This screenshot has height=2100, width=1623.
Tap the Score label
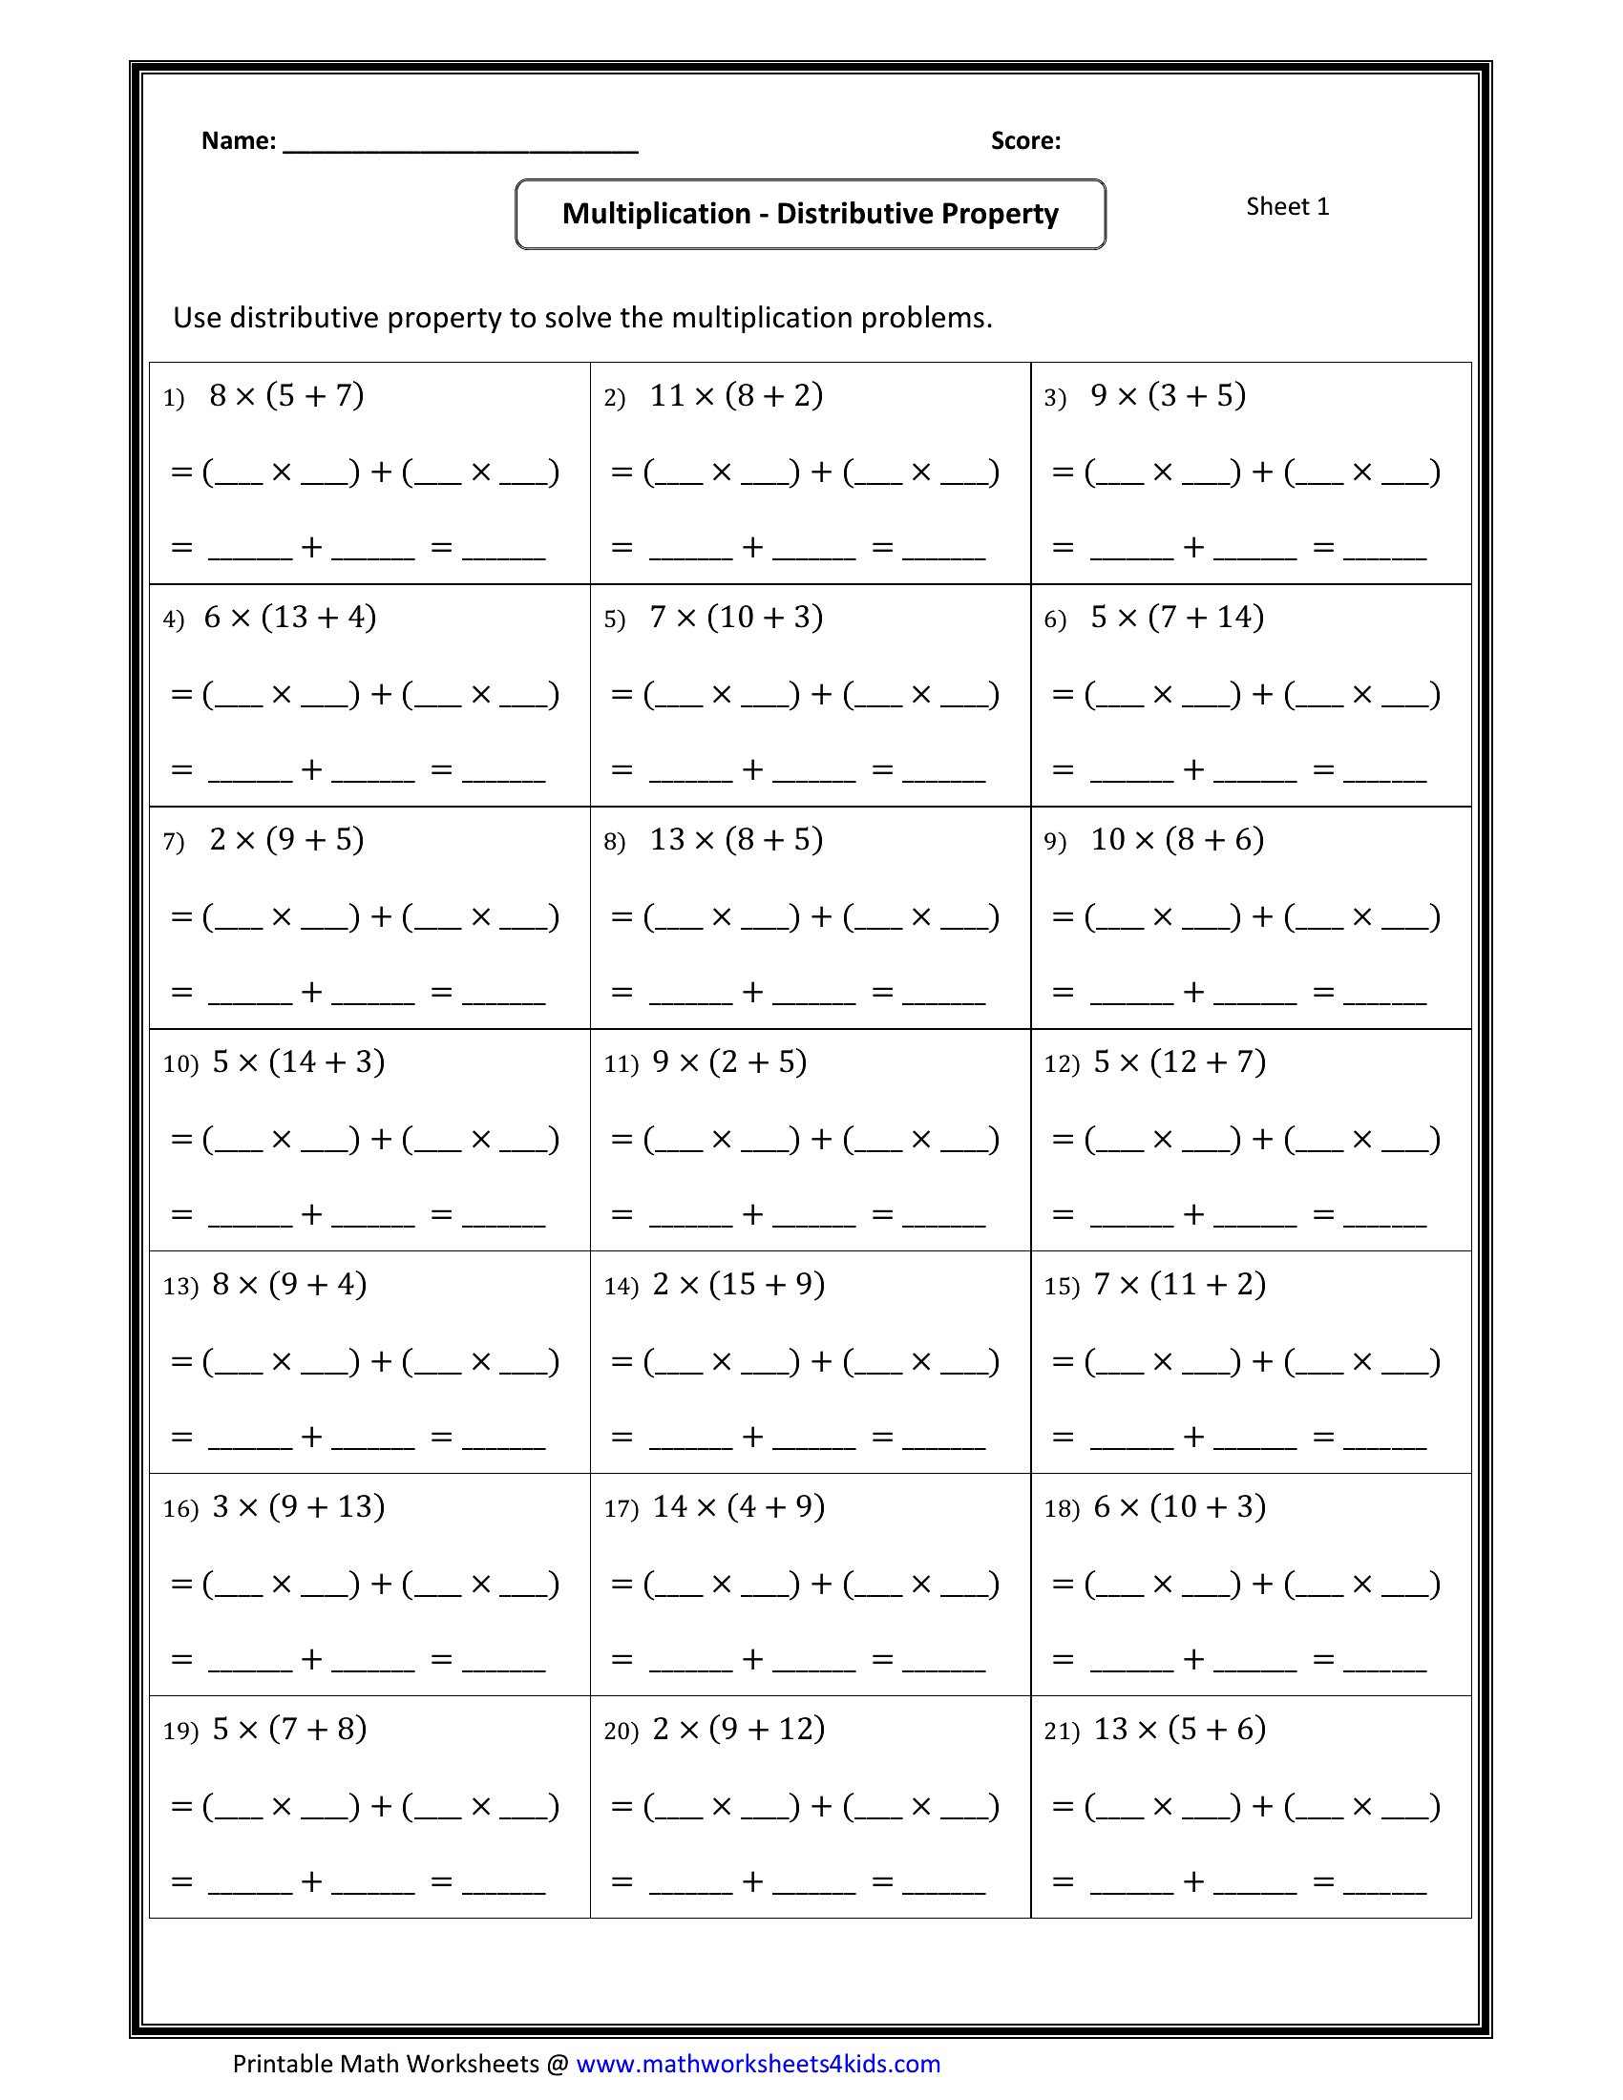pos(1025,141)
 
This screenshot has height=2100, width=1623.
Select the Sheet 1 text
pos(1288,207)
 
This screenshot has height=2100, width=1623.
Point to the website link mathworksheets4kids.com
pos(758,2064)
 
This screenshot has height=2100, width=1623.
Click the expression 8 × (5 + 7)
pos(286,395)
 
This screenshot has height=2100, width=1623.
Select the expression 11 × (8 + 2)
pos(736,395)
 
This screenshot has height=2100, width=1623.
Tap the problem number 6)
pos(1055,619)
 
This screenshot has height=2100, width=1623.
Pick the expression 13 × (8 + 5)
pos(736,839)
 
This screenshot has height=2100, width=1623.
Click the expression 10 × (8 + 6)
pos(1177,839)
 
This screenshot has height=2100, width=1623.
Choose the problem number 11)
pos(621,1063)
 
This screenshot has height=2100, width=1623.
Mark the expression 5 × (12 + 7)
pos(1180,1061)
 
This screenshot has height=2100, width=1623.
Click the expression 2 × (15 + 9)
pos(738,1284)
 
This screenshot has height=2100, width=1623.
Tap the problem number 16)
pos(179,1507)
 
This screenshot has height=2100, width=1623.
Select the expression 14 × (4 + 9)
pos(738,1505)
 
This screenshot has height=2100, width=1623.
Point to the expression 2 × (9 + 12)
pos(738,1728)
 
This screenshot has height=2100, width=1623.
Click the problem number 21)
pos(1062,1731)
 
